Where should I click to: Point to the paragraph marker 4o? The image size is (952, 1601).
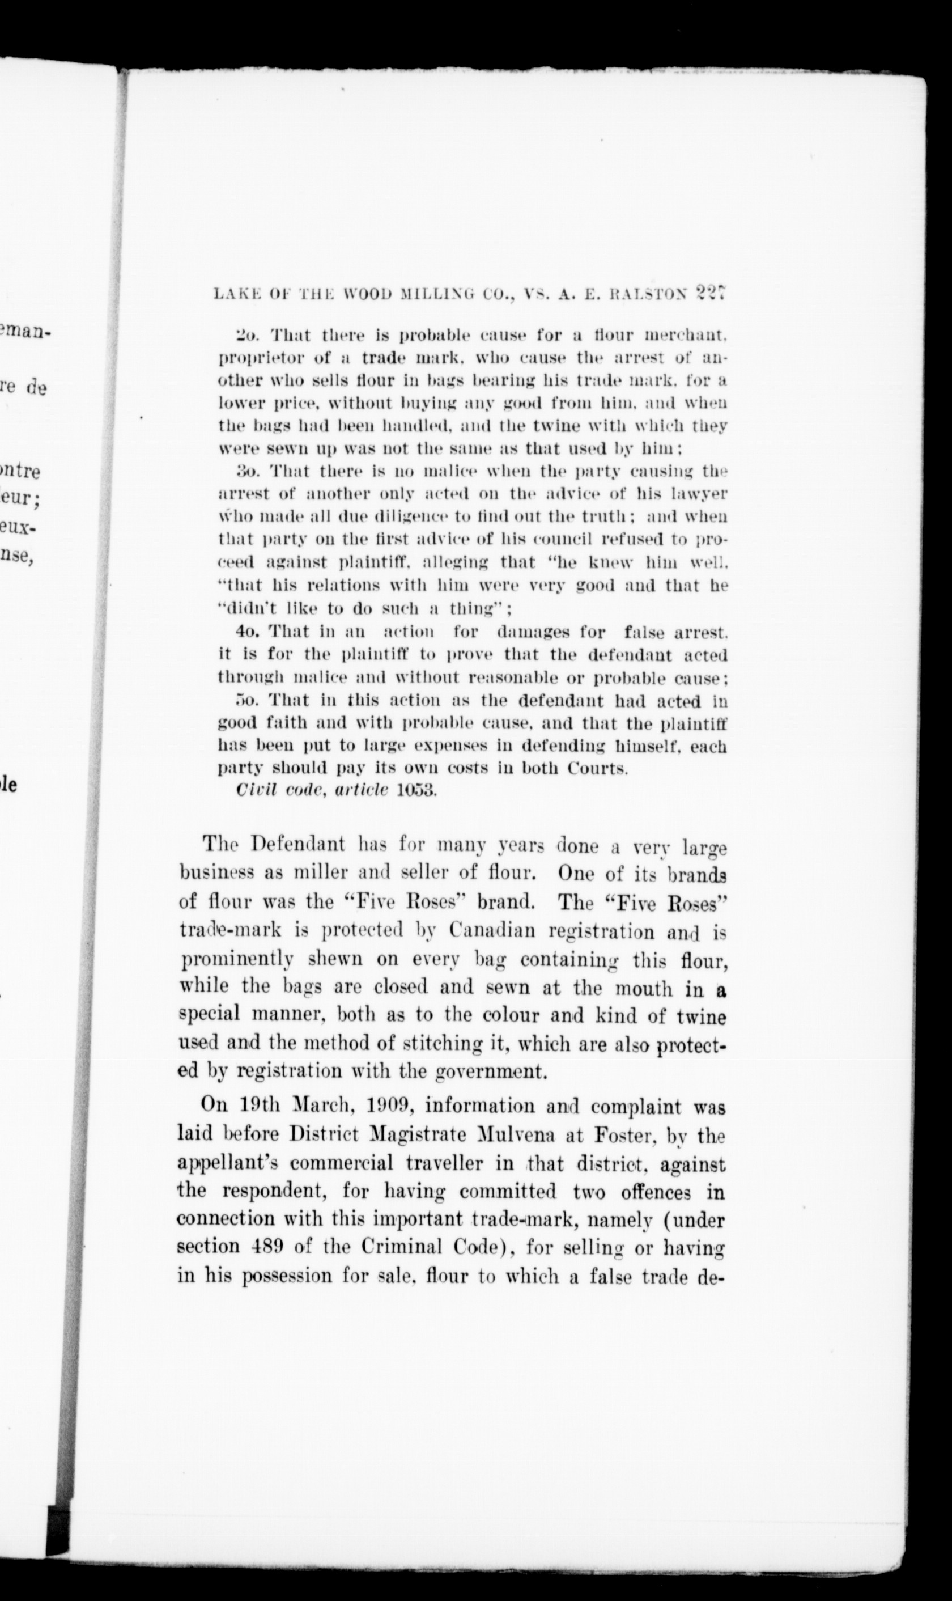[247, 632]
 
